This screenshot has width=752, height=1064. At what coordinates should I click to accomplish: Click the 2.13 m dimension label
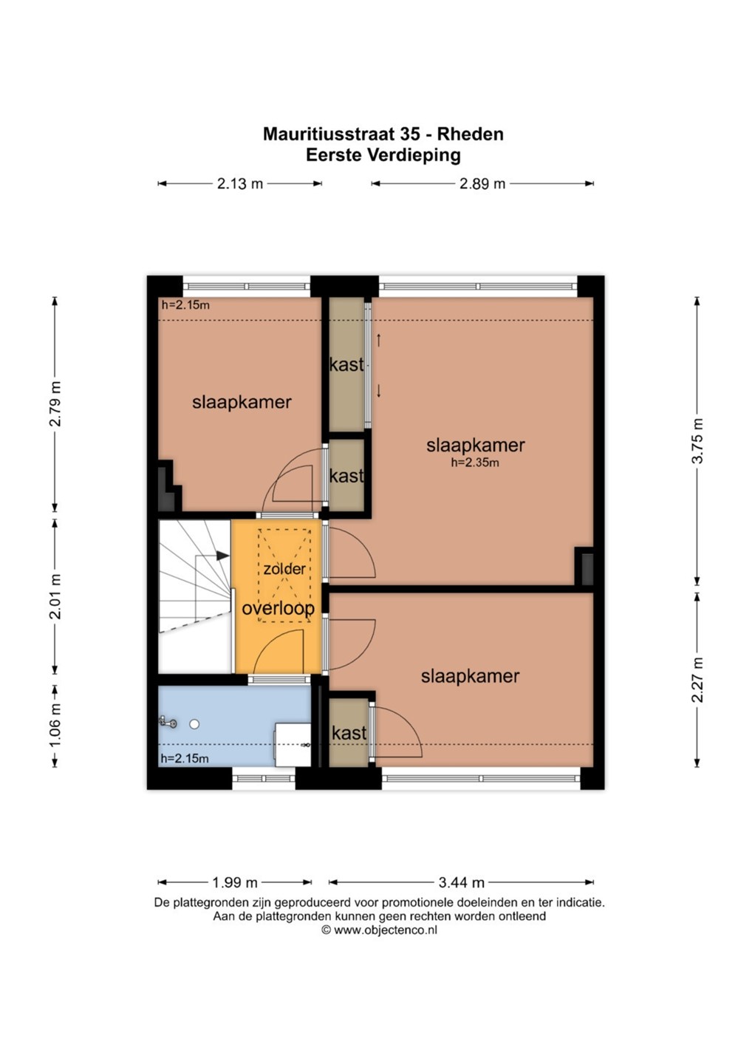coord(240,184)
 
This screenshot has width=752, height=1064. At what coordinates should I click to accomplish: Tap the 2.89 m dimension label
coord(482,184)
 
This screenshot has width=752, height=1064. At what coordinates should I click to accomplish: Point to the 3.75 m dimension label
coord(697,441)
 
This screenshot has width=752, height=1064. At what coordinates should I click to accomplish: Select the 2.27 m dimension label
coord(697,679)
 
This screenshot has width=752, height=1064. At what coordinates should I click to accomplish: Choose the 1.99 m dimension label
coord(234,882)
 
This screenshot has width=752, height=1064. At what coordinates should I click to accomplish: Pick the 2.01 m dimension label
coord(55,596)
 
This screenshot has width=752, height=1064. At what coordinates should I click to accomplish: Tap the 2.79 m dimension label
coord(55,403)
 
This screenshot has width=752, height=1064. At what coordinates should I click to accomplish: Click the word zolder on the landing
coord(284,569)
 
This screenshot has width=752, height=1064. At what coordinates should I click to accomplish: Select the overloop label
coord(278,609)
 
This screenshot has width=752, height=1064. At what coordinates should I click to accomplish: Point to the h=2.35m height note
coord(475,463)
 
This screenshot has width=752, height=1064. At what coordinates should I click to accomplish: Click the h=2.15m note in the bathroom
coord(185,759)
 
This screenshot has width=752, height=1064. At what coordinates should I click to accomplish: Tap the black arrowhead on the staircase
coord(222,555)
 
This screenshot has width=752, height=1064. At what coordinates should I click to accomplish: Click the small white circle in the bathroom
coord(194,724)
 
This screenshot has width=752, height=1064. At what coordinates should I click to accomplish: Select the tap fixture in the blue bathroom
coord(168,723)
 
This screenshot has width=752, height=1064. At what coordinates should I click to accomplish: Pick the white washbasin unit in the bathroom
coord(293,745)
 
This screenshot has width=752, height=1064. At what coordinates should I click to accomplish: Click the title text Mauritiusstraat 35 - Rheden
coord(383,134)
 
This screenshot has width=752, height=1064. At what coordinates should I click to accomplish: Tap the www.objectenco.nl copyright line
coord(379,930)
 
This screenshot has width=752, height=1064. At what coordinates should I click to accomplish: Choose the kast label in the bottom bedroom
coord(349,733)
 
